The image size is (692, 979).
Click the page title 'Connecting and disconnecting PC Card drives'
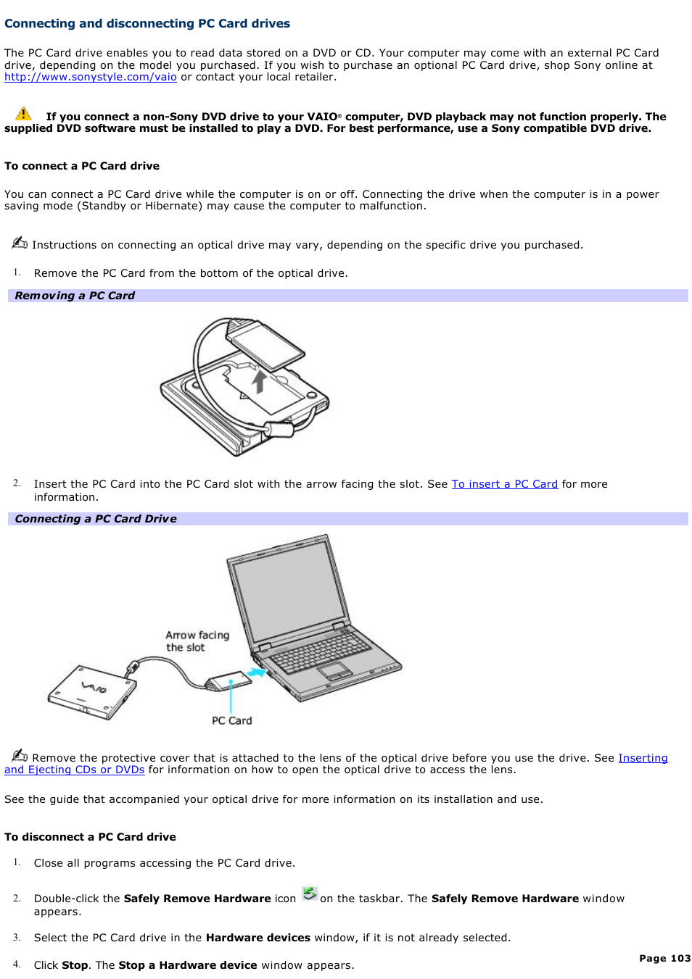[147, 24]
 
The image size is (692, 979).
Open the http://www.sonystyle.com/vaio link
[91, 78]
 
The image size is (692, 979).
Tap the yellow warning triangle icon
[23, 114]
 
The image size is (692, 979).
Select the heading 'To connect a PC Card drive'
[82, 166]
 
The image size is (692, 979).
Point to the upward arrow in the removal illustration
[259, 380]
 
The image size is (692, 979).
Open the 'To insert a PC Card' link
[504, 484]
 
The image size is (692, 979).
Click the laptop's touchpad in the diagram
[334, 670]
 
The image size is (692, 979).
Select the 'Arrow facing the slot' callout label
[197, 641]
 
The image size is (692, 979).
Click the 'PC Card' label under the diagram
[231, 721]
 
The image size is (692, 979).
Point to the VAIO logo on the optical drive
[94, 686]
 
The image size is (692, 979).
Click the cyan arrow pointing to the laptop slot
[255, 673]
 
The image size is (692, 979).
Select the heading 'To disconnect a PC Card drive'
[90, 837]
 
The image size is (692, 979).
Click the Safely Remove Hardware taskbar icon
[310, 894]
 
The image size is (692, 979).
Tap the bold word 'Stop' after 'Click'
[75, 965]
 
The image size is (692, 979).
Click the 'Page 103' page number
[664, 958]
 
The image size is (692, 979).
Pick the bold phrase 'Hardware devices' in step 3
[258, 938]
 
